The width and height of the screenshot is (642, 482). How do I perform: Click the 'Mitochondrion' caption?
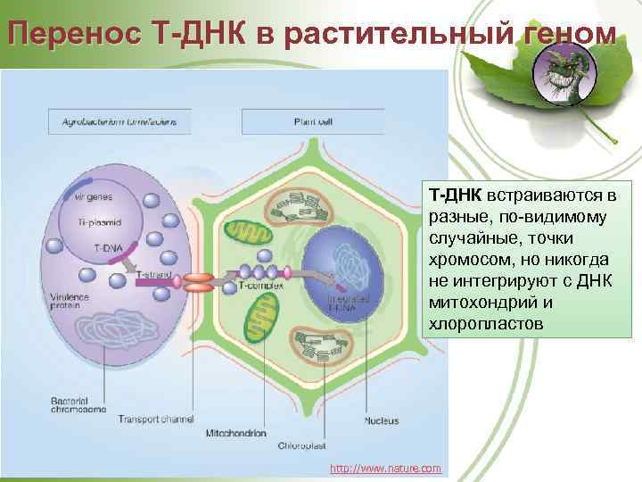pos(235,433)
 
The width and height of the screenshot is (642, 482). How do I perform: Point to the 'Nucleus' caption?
pos(381,420)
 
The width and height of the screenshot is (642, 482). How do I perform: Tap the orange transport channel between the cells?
pos(201,281)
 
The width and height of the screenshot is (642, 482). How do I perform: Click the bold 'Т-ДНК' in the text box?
pos(455,195)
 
